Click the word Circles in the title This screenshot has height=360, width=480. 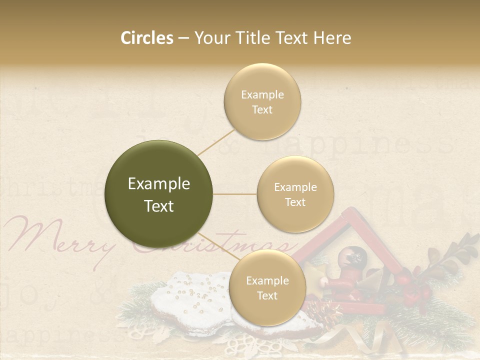click(147, 38)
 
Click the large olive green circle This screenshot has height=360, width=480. click(159, 194)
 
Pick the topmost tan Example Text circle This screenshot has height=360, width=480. click(262, 101)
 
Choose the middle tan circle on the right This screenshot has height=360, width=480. click(295, 194)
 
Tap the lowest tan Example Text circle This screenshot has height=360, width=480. click(267, 287)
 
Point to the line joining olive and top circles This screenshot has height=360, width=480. click(216, 140)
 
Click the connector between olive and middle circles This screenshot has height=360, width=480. click(235, 194)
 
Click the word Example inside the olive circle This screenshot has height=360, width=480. click(159, 184)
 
